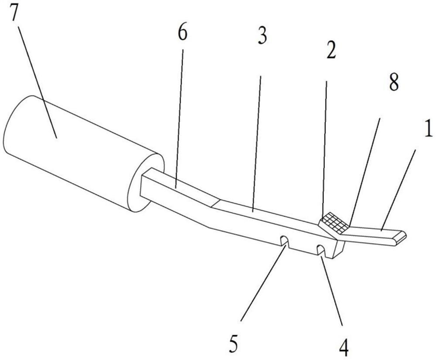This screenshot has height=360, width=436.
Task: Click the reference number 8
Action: (x=393, y=82)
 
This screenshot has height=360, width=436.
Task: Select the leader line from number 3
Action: (x=256, y=144)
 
